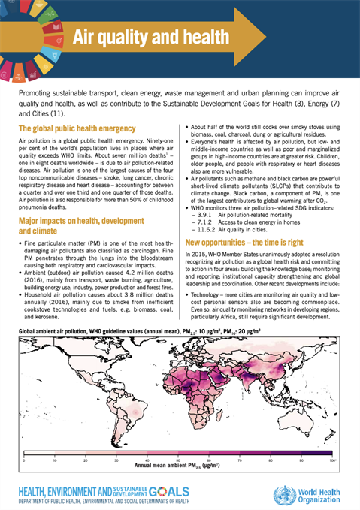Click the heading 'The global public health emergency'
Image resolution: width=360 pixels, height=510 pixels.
pos(77,129)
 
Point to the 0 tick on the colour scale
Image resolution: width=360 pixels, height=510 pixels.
pos(24,458)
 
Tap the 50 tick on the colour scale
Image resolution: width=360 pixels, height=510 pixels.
pos(178,458)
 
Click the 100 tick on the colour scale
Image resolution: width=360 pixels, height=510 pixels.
pos(331,458)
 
